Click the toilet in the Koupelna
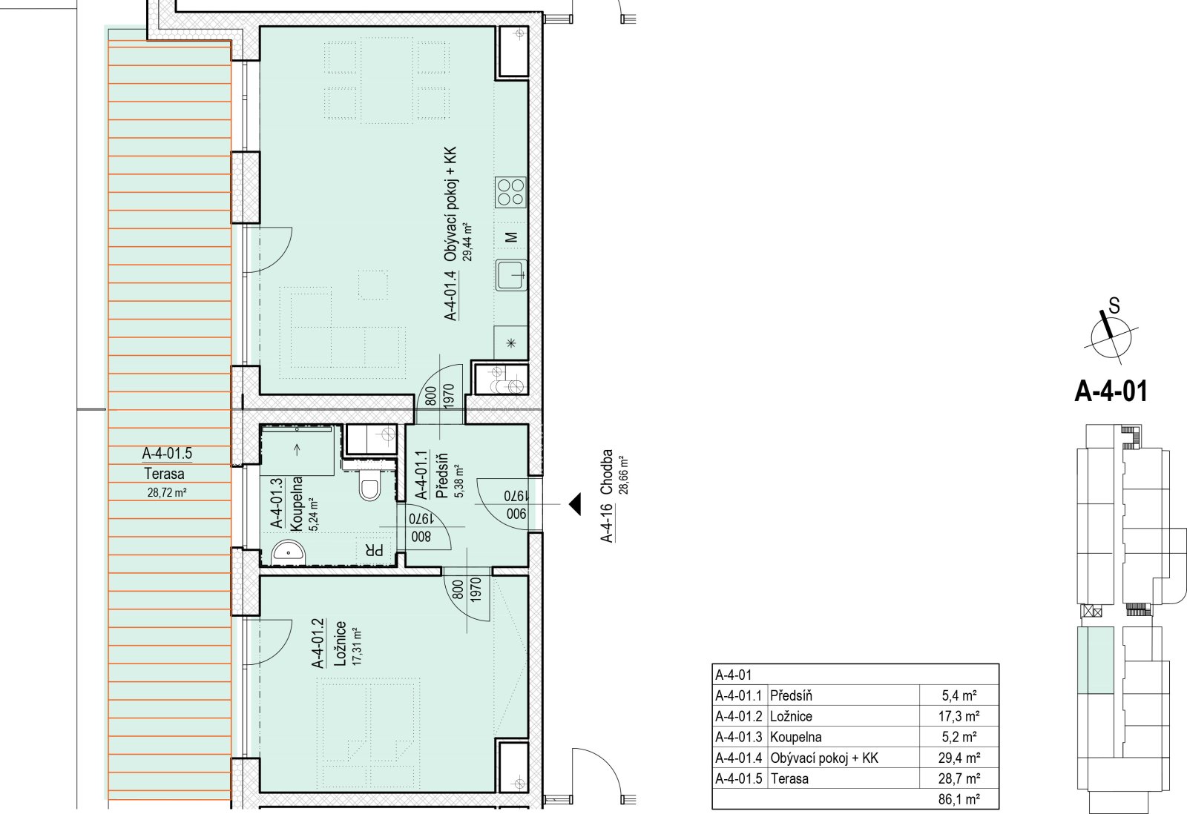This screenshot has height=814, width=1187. coord(369,485)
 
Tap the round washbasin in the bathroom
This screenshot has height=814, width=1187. coord(289,553)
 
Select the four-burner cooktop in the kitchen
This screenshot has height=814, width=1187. coord(511,192)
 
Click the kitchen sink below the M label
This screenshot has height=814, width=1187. coord(511,275)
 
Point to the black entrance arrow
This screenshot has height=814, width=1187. coord(575,503)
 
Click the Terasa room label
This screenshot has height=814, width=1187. coord(164,473)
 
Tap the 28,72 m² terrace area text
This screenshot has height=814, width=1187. coord(167,492)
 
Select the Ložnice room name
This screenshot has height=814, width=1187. coord(340,643)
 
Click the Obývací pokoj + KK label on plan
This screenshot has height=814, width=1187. coord(451,204)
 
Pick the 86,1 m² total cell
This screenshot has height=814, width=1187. coord(959,798)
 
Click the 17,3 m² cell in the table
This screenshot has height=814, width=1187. coord(959,716)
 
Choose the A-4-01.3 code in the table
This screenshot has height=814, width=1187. coord(739,737)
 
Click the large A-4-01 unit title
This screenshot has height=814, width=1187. coord(1111,391)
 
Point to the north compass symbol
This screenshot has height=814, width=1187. coord(1111,334)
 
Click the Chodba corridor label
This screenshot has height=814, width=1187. coord(608,472)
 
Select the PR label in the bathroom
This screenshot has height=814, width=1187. coord(374,550)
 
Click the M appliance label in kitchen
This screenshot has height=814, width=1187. coord(511,236)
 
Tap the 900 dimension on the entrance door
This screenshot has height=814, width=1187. coord(516,514)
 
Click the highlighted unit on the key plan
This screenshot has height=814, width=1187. coord(1096,660)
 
